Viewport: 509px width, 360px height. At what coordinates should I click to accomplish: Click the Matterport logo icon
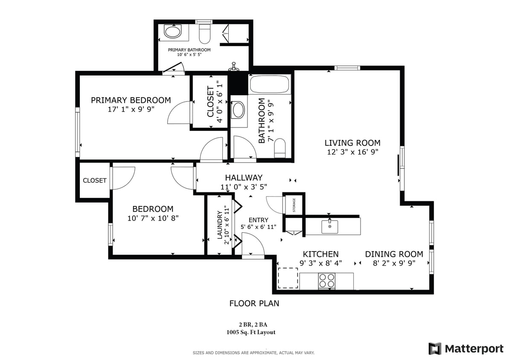[435, 348]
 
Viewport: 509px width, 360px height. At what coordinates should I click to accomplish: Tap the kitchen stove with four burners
[327, 281]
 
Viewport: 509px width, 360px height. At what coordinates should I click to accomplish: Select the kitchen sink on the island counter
[329, 226]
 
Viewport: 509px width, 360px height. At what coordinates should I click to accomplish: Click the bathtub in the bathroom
[270, 84]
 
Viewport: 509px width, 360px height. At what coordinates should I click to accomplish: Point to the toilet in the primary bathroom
[205, 34]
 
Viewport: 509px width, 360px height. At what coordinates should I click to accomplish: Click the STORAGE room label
[294, 205]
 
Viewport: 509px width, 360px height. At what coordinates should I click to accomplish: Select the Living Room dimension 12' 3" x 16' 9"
[352, 151]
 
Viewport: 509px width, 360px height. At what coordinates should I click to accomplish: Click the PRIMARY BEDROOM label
[131, 100]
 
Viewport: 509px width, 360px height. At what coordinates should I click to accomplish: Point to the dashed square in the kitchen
[288, 278]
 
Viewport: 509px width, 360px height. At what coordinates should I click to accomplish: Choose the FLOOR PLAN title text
[254, 303]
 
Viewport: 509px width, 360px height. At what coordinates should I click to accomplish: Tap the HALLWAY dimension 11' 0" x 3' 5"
[244, 187]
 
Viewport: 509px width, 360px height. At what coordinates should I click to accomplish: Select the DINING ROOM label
[394, 254]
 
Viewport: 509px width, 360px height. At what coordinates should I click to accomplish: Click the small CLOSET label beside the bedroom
[95, 180]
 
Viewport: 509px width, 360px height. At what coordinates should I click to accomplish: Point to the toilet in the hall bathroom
[279, 148]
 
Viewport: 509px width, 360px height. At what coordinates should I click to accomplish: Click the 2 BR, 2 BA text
[255, 325]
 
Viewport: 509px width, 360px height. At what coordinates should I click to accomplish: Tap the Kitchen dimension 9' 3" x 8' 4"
[320, 263]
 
